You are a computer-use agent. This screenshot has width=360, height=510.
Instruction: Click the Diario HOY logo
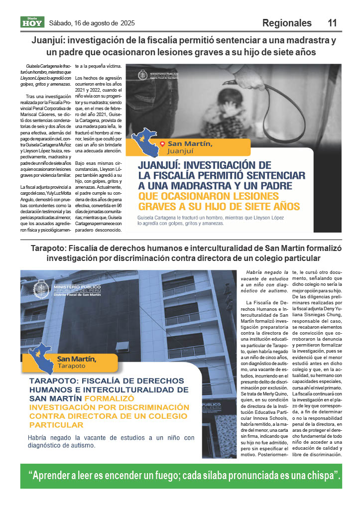pos(32,22)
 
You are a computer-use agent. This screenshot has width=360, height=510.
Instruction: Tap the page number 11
pos(332,23)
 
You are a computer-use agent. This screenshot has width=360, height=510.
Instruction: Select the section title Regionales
pos(287,23)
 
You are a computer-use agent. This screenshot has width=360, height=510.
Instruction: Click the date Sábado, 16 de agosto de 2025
pos(92,23)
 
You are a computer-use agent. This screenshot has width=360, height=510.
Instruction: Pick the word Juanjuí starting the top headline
pos(50,40)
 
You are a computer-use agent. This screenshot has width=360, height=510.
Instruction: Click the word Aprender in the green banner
pos(58,476)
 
